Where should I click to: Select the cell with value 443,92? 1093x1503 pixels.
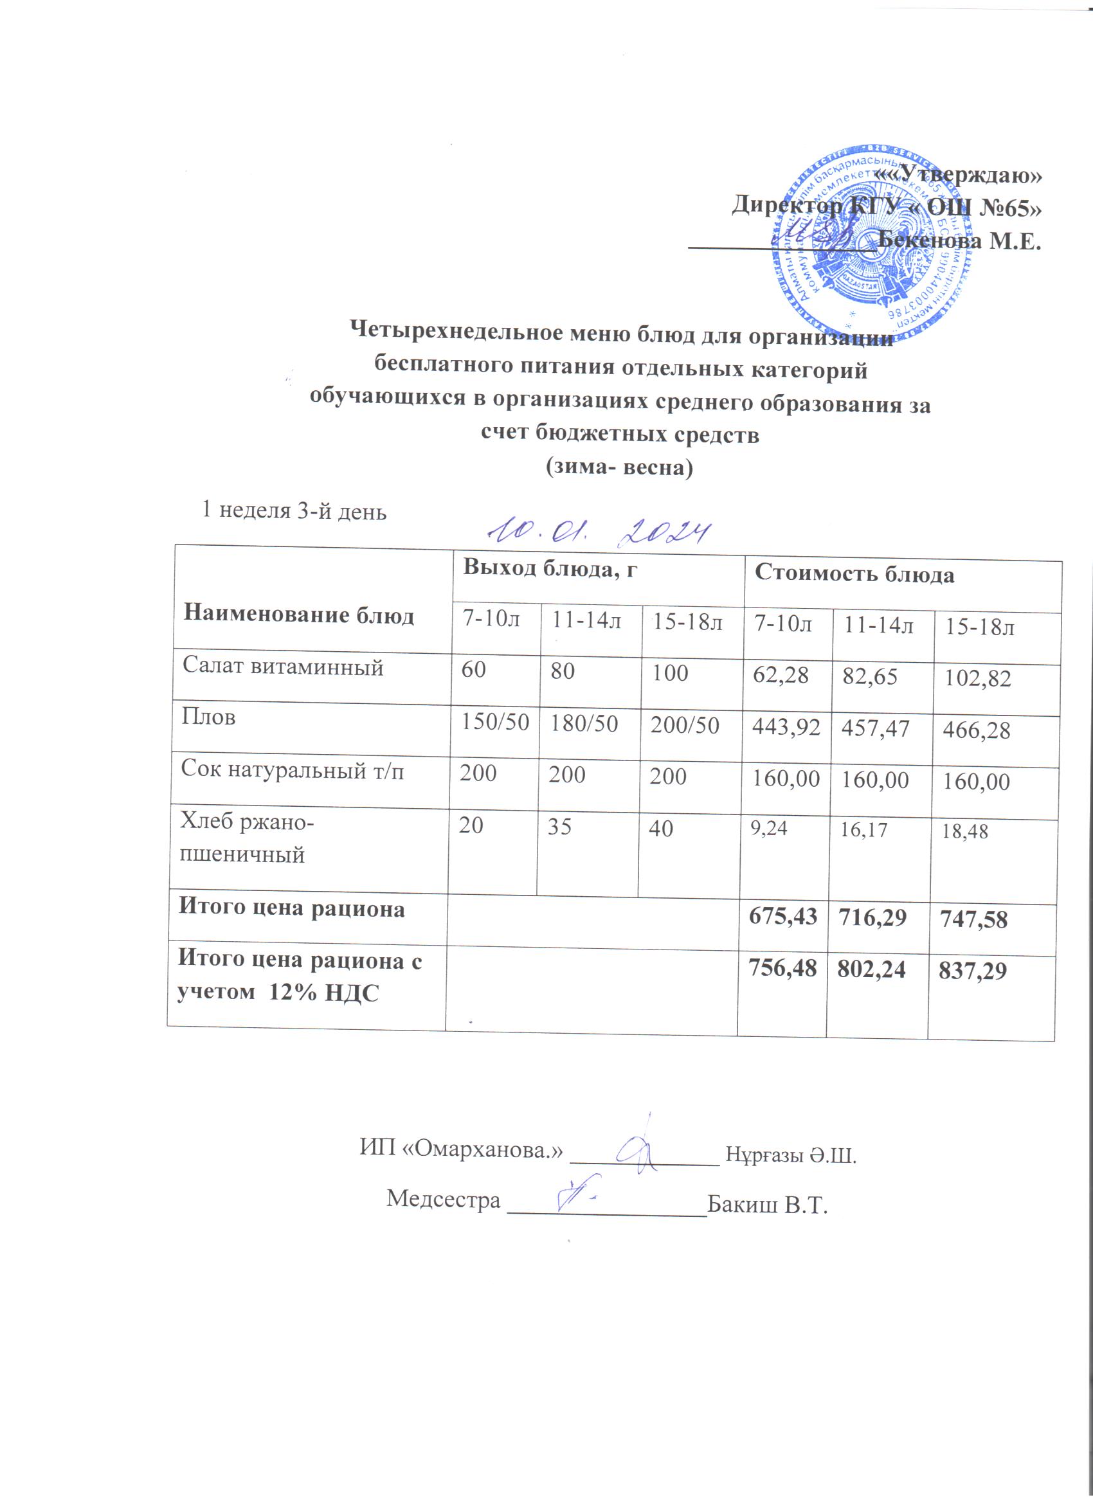coord(786,727)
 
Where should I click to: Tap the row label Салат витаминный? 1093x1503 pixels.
coord(283,666)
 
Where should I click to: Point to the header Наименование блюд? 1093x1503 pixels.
coord(298,615)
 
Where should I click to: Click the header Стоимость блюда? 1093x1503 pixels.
coord(854,574)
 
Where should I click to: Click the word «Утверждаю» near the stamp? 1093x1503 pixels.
coord(958,175)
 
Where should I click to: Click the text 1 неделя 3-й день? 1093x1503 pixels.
coord(294,511)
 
